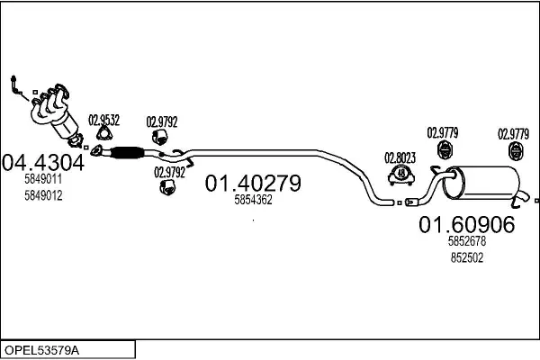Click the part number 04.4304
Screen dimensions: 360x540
44,163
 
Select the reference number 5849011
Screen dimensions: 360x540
43,180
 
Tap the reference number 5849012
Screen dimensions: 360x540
43,196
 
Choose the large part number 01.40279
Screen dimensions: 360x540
253,183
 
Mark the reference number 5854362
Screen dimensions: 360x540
252,200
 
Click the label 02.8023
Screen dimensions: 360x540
400,154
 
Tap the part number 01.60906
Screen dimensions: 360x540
466,225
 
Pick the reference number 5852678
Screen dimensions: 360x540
466,241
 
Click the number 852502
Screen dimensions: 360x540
466,256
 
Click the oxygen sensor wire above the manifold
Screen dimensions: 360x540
15,85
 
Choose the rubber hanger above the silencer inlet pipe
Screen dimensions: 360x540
443,149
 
